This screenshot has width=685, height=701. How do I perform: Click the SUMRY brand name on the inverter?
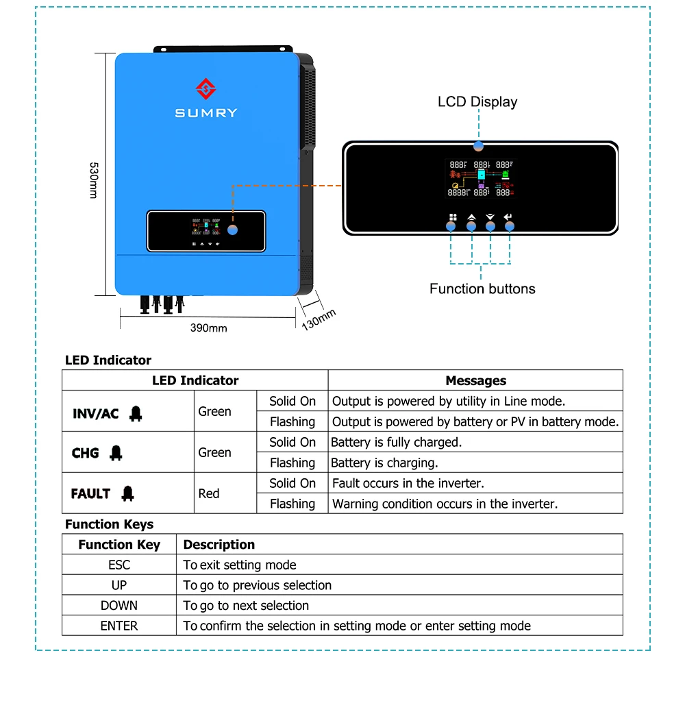coord(206,113)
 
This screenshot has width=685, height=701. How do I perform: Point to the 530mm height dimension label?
coord(94,180)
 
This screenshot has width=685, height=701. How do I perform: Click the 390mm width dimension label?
coord(208,328)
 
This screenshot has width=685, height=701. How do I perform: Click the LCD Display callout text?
coord(477,102)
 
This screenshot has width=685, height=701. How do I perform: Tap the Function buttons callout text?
coord(482,288)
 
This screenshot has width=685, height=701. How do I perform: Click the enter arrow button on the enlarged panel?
coord(508,218)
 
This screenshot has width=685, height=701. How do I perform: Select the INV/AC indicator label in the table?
coord(96,414)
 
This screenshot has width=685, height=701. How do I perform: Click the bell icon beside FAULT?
coord(128,493)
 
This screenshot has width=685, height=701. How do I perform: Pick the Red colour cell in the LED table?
coord(209,493)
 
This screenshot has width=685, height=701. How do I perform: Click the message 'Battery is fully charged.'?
coord(397,442)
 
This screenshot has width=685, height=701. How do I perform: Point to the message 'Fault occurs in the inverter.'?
coord(408,483)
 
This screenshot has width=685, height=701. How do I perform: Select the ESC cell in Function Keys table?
coord(119,565)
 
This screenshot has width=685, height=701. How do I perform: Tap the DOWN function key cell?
coord(119,606)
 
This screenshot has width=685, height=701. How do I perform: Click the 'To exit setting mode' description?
coord(240,565)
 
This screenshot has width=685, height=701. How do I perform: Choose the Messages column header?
coord(475,380)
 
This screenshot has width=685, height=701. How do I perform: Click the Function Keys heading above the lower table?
coord(110,524)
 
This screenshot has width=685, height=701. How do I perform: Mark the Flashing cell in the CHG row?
coord(292,463)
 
